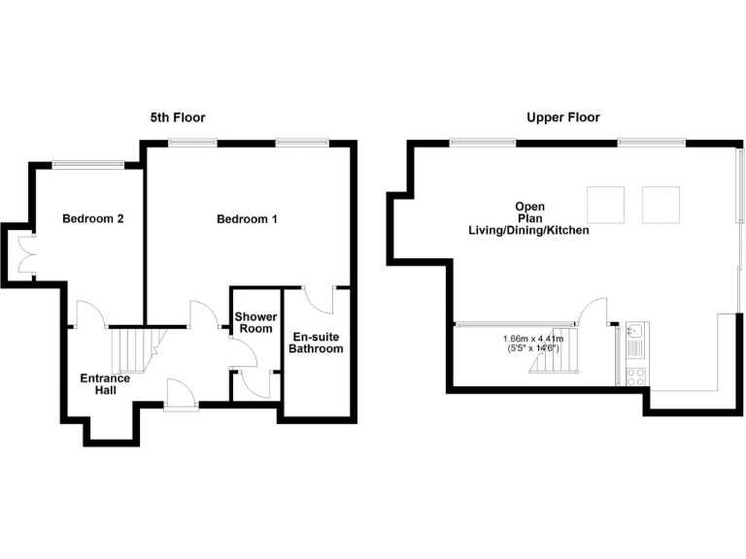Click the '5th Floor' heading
point(177,117)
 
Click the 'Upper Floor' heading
point(563,117)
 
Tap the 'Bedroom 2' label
point(93,219)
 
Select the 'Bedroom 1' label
point(247,219)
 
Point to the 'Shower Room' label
point(255,323)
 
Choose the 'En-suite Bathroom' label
point(317,343)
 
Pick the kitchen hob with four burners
point(637,376)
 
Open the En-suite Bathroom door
point(319,299)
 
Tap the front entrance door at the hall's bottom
point(182,394)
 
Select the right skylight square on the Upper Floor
point(661,203)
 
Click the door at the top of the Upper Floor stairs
point(593,312)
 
